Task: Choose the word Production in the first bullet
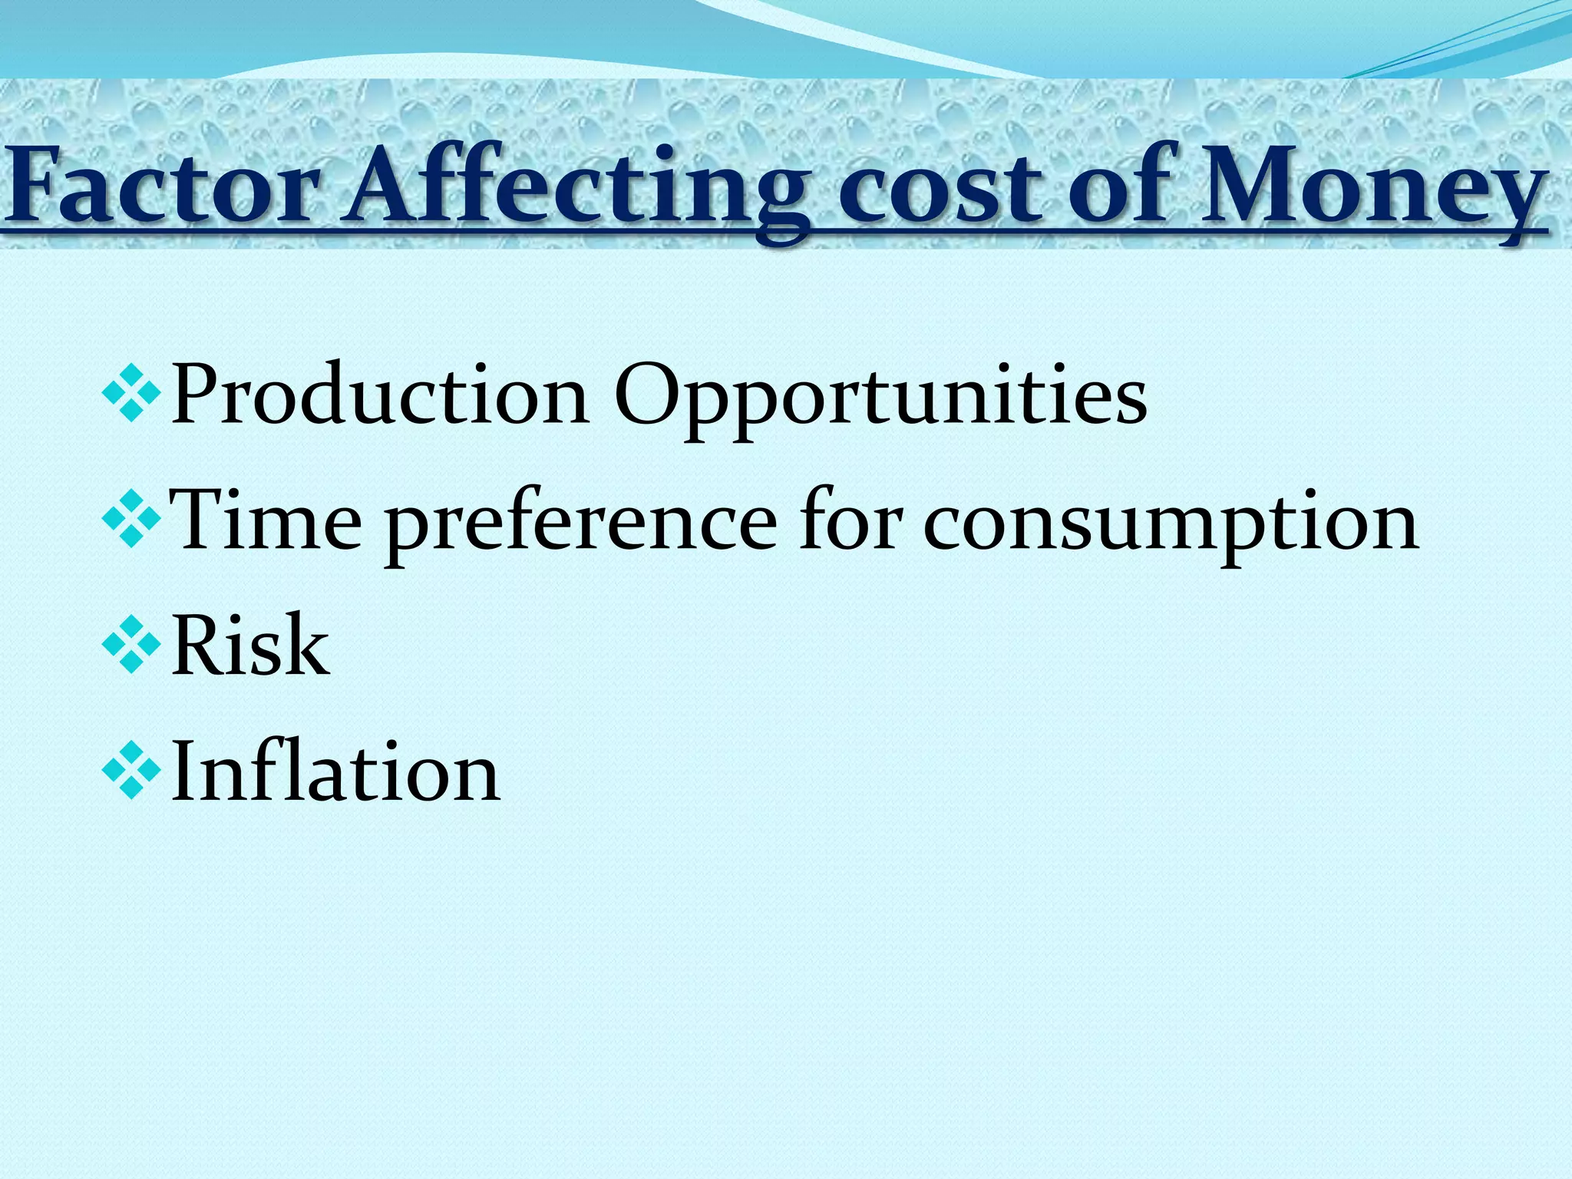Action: (x=380, y=396)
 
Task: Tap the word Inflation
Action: (x=335, y=771)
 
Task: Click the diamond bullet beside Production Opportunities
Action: (x=131, y=395)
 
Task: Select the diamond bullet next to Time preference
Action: (x=131, y=521)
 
